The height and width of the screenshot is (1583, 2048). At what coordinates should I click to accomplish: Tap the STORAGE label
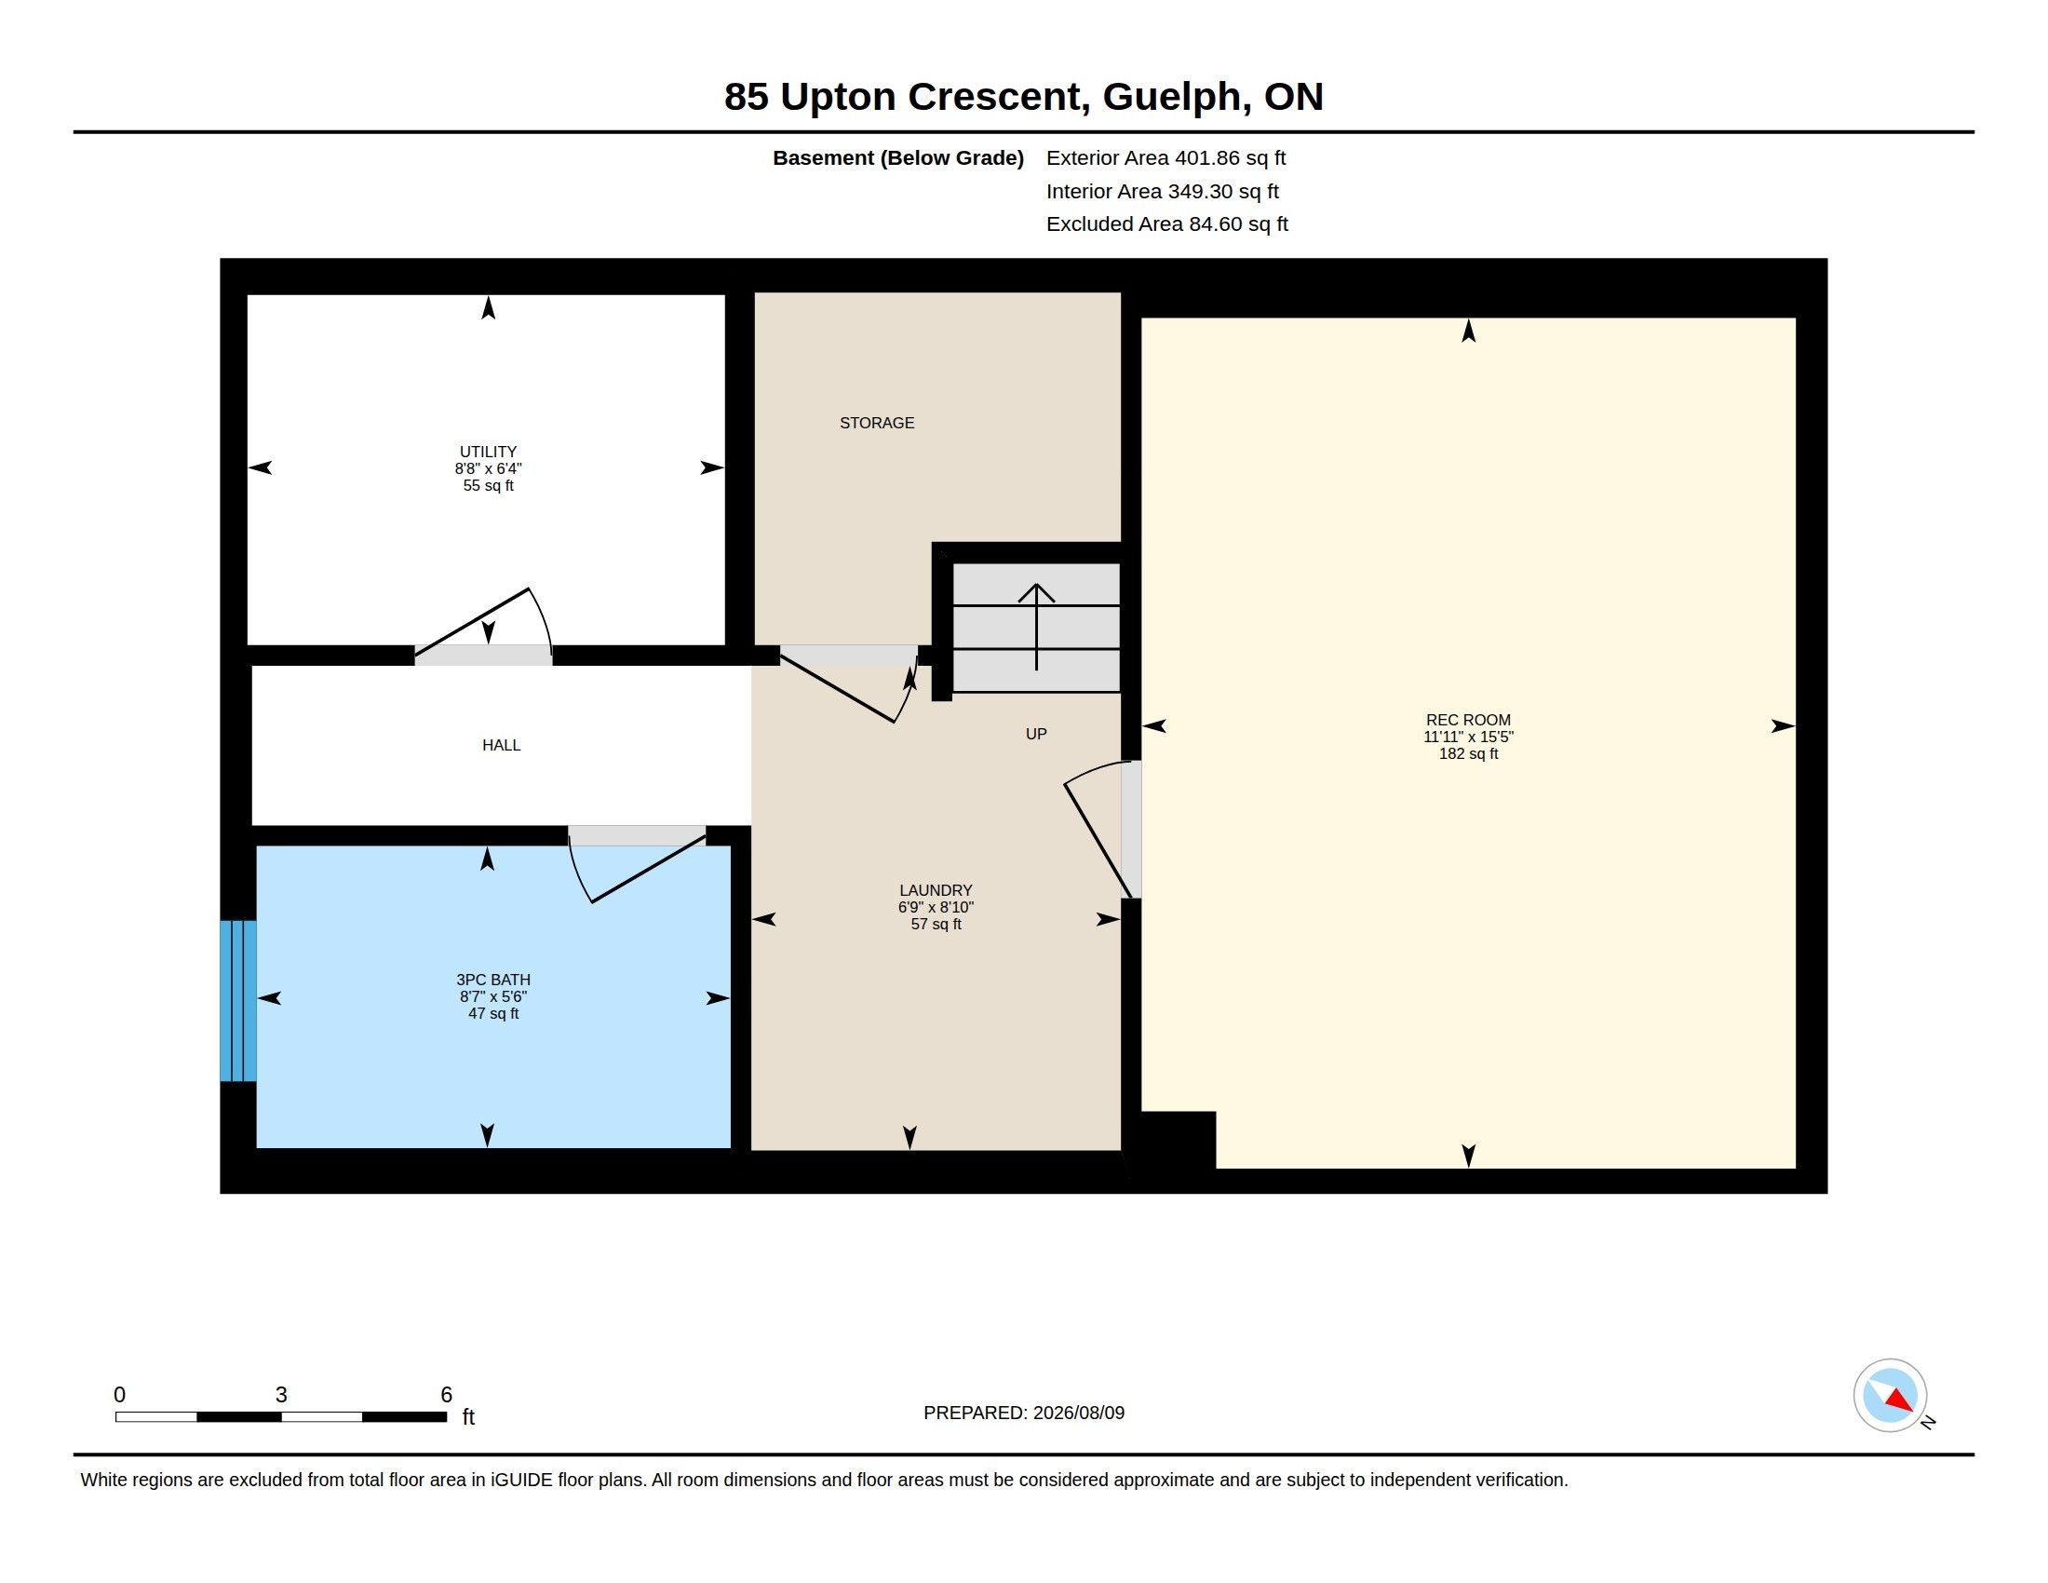tap(877, 423)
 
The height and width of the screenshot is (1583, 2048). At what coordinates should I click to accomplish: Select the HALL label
tap(501, 745)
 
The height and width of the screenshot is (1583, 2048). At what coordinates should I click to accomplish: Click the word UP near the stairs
tap(1036, 734)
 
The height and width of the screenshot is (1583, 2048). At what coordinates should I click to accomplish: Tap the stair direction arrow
tap(1036, 627)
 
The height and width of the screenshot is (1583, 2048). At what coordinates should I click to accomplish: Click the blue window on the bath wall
tap(238, 1001)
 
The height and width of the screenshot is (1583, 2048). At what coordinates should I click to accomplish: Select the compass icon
tap(1891, 1396)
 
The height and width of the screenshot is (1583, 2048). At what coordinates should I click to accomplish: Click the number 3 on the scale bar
tap(280, 1395)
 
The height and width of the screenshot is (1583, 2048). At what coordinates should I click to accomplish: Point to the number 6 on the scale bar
tap(446, 1395)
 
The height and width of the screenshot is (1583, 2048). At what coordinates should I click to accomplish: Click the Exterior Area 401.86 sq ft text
tap(1165, 158)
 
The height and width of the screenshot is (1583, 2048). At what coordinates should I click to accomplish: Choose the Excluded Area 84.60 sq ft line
tap(1166, 224)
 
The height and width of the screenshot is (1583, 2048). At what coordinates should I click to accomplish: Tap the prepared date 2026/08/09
tap(1078, 1413)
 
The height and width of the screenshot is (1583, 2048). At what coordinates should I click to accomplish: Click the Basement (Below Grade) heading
tap(897, 158)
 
